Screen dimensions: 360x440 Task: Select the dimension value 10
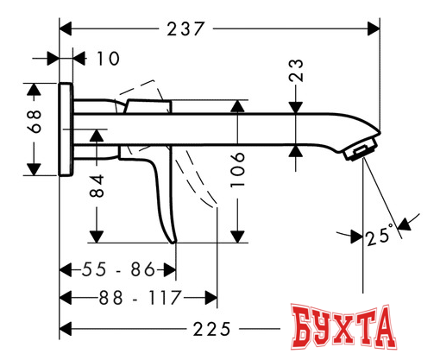(x=108, y=59)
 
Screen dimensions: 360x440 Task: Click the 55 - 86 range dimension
(x=113, y=269)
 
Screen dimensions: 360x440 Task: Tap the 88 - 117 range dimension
(x=129, y=298)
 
